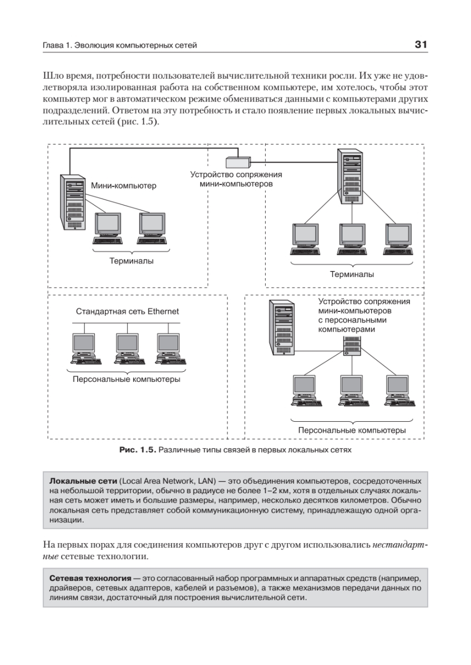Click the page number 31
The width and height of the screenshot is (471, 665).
pyautogui.click(x=420, y=45)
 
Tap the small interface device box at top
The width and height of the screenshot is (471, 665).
pyautogui.click(x=237, y=162)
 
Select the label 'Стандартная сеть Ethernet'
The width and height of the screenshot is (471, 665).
pyautogui.click(x=128, y=312)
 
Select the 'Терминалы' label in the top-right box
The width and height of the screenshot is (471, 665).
pyautogui.click(x=352, y=274)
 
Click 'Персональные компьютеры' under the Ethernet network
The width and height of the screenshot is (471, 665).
pyautogui.click(x=126, y=380)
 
